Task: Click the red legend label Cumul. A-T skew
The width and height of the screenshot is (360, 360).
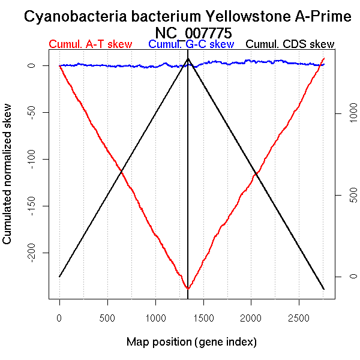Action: pyautogui.click(x=90, y=44)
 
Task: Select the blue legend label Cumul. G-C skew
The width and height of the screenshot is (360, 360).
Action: pyautogui.click(x=191, y=44)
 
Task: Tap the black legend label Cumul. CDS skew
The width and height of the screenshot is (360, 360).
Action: pyautogui.click(x=290, y=44)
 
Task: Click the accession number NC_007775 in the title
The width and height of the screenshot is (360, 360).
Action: pyautogui.click(x=193, y=32)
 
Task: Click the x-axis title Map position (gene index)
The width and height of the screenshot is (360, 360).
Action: pyautogui.click(x=191, y=342)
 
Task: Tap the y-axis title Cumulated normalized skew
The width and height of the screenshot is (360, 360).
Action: pyautogui.click(x=8, y=181)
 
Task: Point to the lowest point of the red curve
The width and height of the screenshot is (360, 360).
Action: pyautogui.click(x=188, y=289)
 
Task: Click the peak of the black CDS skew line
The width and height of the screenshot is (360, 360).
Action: pyautogui.click(x=188, y=59)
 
